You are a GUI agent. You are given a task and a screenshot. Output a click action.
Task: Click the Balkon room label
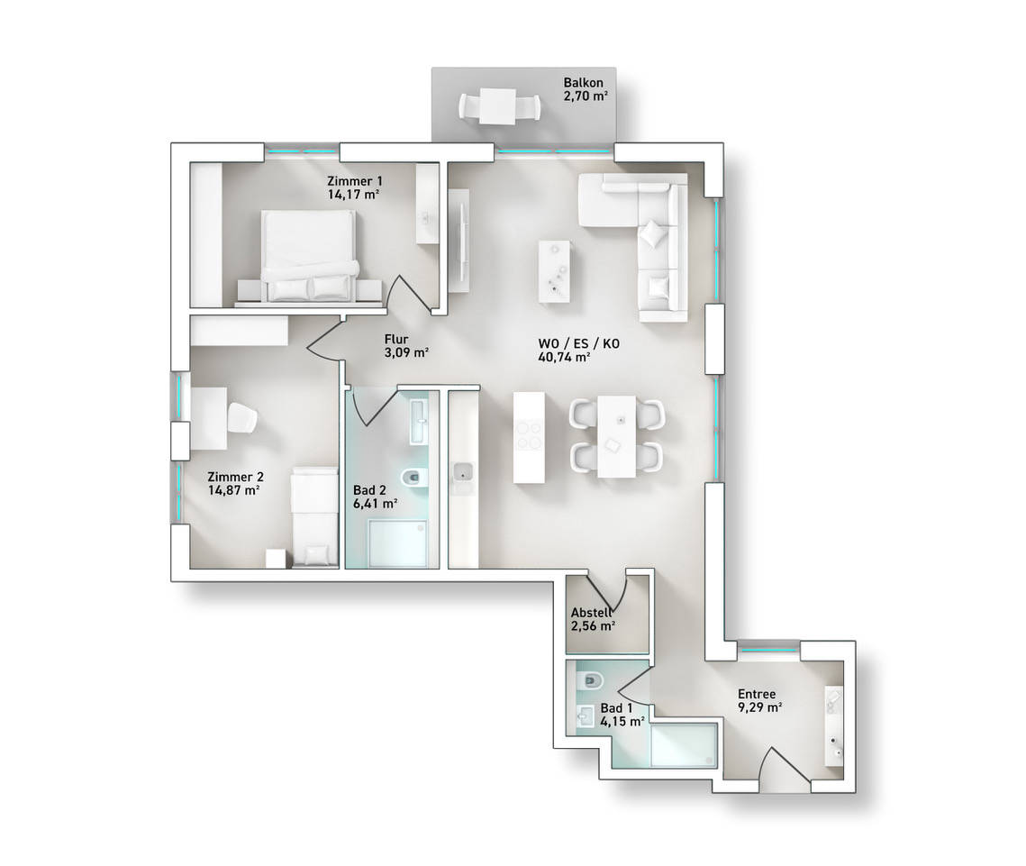(x=583, y=83)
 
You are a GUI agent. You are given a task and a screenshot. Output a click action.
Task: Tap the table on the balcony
(x=499, y=106)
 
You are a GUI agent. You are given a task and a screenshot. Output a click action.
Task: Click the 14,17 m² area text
(x=354, y=194)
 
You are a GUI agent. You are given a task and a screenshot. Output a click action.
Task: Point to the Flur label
(x=396, y=339)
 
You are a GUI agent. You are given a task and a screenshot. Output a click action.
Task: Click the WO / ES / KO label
(x=578, y=343)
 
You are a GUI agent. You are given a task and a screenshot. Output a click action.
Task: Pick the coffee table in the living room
(x=554, y=271)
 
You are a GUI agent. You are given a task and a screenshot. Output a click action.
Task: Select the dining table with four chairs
(x=616, y=435)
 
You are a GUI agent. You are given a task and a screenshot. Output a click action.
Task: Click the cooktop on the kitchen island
(x=530, y=435)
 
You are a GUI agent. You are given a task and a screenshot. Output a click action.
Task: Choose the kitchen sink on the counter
(x=464, y=471)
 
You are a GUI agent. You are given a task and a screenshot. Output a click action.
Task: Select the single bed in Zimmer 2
(x=314, y=515)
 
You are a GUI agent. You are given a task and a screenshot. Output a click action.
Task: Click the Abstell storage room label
(x=592, y=613)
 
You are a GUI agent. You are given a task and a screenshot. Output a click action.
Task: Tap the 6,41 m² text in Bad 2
(x=376, y=504)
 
